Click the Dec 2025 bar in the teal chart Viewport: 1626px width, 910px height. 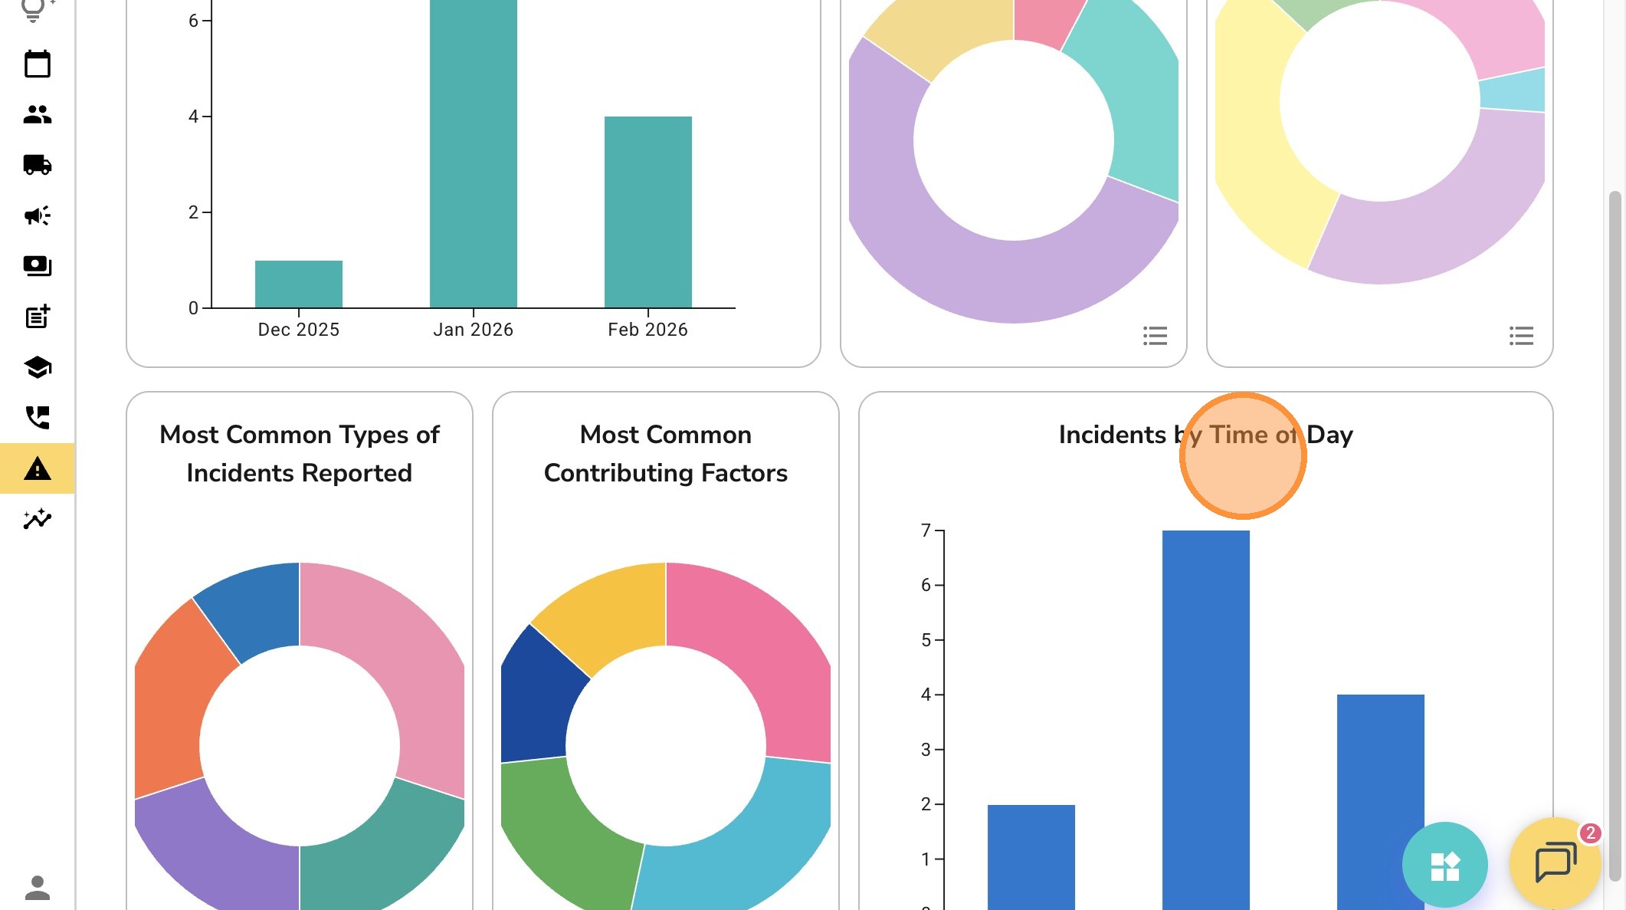[x=298, y=284]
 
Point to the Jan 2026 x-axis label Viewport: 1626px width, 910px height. [x=473, y=330]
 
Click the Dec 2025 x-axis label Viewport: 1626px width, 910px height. [x=298, y=330]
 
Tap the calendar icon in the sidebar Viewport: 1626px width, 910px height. [x=37, y=64]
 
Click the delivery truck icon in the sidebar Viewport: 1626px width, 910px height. [x=37, y=165]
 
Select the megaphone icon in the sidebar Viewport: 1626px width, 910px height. [x=37, y=215]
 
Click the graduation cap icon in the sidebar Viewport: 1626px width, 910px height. [x=37, y=367]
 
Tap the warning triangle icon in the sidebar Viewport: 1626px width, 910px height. [x=37, y=468]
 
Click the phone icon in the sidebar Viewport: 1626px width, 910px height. [x=37, y=418]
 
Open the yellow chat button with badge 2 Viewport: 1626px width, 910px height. [x=1555, y=862]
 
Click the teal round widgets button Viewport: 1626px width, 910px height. [x=1444, y=866]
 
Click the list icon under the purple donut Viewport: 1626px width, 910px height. [x=1155, y=336]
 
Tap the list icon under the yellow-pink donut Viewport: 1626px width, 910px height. [x=1521, y=336]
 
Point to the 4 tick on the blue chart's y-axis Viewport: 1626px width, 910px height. [x=926, y=695]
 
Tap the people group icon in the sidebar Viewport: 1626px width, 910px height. [x=37, y=115]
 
